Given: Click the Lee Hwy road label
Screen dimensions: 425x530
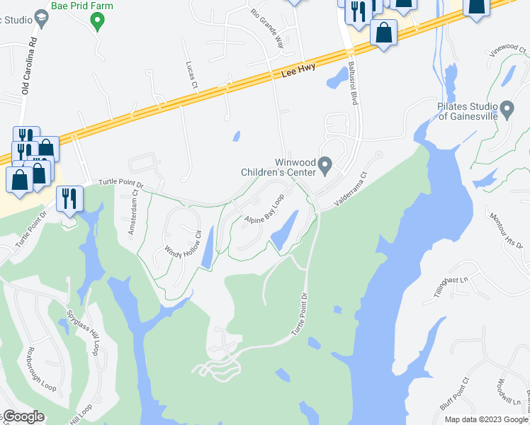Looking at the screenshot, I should tap(297, 72).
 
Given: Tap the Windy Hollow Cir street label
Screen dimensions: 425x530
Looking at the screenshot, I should tap(184, 244).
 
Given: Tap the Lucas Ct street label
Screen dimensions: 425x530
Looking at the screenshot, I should tap(191, 75).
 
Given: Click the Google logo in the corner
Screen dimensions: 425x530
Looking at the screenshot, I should tap(24, 416).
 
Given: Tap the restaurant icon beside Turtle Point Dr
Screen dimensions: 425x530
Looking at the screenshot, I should tap(69, 198).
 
